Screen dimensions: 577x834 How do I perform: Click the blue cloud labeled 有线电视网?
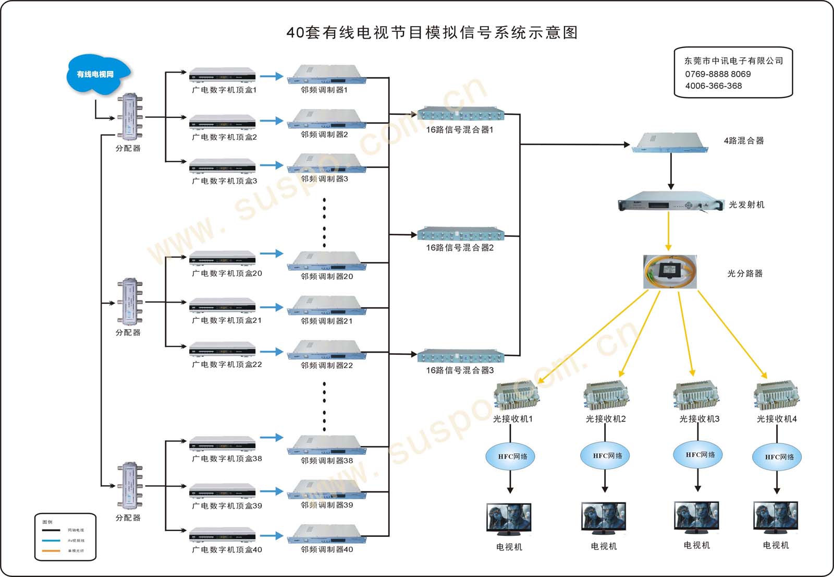[96, 75]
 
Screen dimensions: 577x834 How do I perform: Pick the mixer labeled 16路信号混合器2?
[461, 234]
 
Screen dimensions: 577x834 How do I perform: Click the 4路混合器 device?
[670, 142]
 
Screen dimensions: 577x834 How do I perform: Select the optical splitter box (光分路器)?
[670, 271]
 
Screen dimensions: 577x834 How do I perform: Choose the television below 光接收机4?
[776, 518]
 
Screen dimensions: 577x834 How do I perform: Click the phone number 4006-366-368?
[713, 86]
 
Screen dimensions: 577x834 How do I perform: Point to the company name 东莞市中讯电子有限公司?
[733, 61]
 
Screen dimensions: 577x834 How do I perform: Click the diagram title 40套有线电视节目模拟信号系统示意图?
[432, 32]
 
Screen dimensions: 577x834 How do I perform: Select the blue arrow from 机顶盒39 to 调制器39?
[271, 491]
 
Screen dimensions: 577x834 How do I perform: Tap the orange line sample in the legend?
[51, 551]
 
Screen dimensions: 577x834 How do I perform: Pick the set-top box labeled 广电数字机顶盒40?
[223, 535]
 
